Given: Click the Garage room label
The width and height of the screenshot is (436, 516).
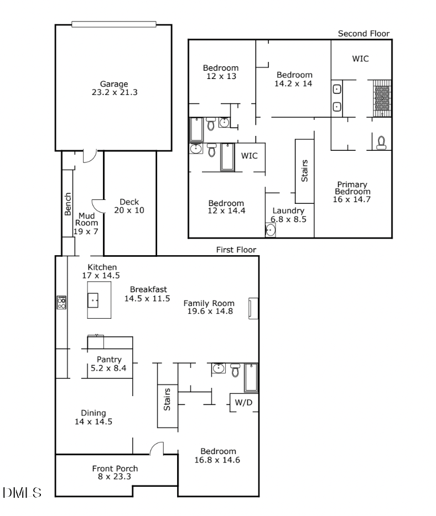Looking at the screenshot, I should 114,84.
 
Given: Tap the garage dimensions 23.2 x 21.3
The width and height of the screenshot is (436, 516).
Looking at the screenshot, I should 114,93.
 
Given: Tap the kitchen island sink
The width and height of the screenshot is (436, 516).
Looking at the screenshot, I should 94,301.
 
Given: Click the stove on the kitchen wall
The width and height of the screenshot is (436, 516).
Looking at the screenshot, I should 61,302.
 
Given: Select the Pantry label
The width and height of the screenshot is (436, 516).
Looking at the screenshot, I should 109,360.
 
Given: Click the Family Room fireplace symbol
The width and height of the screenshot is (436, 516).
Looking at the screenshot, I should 253,308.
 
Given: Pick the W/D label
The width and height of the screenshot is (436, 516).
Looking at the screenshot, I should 243,403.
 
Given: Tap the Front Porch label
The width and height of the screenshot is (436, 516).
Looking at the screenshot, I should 115,469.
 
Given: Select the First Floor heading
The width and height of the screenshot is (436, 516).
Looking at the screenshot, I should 236,250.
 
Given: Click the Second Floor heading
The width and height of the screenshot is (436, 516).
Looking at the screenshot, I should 364,34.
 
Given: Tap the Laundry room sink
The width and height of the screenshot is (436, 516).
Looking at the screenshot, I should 271,230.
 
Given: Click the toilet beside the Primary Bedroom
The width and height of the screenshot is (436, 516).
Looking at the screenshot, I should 381,143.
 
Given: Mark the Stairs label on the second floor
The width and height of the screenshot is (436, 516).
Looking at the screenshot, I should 304,171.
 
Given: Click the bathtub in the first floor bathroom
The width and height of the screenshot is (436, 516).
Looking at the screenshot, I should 251,377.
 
